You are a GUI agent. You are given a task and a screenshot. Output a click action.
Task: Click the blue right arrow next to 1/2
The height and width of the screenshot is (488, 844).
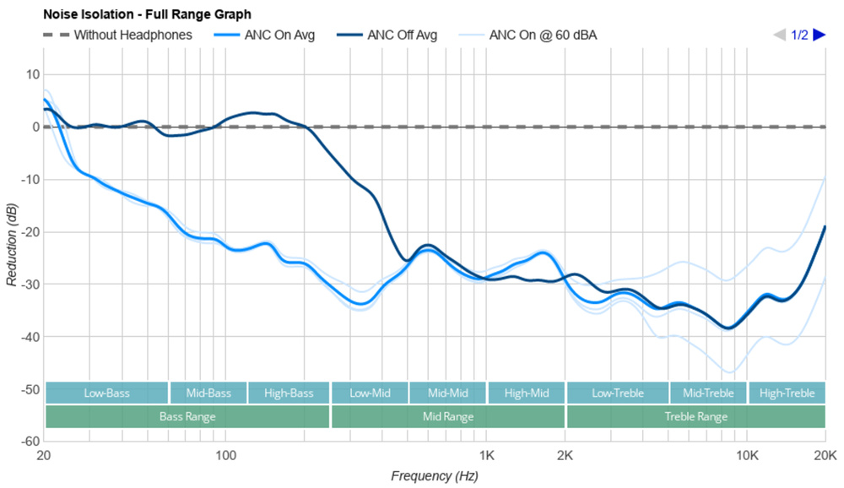click(819, 35)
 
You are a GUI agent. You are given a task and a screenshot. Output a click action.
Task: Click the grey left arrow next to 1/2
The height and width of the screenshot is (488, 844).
click(780, 35)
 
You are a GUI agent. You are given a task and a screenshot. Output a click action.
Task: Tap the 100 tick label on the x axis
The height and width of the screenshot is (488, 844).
click(225, 455)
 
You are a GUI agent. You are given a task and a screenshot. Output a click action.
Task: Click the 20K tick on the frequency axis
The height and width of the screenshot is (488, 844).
click(824, 455)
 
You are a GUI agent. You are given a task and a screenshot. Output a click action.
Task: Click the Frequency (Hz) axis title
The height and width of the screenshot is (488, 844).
click(434, 476)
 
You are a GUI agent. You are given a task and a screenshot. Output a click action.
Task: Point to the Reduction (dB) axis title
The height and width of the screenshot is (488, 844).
click(11, 245)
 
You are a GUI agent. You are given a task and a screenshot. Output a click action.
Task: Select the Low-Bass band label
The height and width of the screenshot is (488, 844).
click(106, 393)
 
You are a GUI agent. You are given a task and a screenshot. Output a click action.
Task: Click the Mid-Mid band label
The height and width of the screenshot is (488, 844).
click(447, 393)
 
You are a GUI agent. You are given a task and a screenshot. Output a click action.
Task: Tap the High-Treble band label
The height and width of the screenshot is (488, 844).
click(787, 393)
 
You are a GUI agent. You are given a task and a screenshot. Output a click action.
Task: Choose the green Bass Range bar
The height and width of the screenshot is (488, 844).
click(187, 416)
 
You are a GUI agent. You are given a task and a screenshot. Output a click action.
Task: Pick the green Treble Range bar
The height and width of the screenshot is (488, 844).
click(695, 416)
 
